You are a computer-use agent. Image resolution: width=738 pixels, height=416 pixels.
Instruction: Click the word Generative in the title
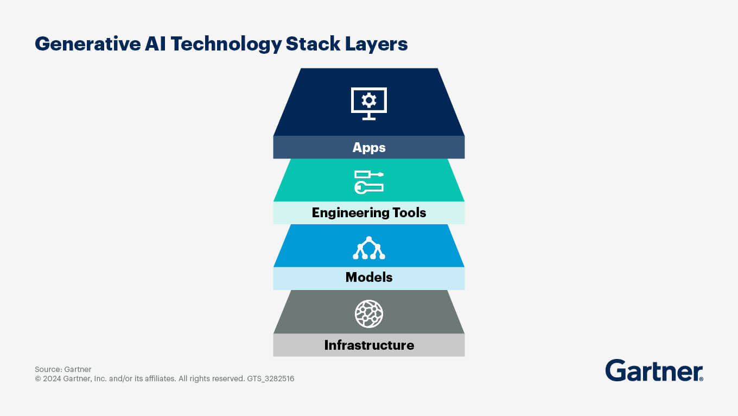tap(88, 44)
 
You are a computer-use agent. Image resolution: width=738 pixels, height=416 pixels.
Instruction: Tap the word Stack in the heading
tap(313, 43)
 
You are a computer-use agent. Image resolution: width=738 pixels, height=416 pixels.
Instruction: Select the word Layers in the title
tap(377, 45)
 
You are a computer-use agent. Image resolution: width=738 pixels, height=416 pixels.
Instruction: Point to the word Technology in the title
tap(226, 45)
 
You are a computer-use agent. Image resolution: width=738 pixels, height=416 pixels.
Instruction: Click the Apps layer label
tap(369, 148)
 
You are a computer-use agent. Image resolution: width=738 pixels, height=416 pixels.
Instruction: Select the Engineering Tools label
tap(369, 213)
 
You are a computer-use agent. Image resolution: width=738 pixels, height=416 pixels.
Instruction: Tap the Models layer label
tap(369, 277)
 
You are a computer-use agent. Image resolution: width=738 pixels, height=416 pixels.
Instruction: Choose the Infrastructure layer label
tap(369, 345)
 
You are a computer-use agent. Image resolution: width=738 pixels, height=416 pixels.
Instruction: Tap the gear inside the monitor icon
tap(369, 100)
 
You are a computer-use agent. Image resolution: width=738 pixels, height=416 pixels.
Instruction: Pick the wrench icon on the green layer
tap(369, 188)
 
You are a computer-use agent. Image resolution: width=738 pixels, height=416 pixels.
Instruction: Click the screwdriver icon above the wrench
tap(369, 174)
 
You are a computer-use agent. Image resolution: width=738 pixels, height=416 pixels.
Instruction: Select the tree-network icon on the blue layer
tap(369, 248)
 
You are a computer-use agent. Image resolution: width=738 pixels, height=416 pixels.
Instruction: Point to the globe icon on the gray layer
tap(369, 314)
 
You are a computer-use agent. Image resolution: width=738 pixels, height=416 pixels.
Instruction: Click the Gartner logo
tap(654, 370)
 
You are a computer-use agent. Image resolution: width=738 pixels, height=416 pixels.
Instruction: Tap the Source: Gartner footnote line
tap(63, 369)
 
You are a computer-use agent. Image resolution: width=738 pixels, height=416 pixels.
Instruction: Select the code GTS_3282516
tap(270, 379)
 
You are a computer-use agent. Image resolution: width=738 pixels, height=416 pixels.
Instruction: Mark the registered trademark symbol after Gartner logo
tap(701, 379)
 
